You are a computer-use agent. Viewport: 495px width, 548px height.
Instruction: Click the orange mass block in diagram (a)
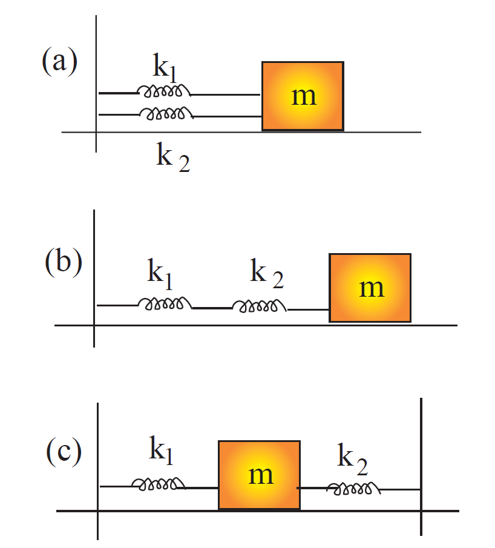pyautogui.click(x=303, y=96)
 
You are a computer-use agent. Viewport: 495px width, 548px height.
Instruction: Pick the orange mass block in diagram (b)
pyautogui.click(x=370, y=287)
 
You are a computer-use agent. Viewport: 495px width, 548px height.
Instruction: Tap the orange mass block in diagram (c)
pyautogui.click(x=259, y=475)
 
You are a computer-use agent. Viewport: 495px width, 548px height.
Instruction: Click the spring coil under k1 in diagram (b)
pyautogui.click(x=165, y=303)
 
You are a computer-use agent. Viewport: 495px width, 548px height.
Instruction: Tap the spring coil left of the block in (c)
pyautogui.click(x=159, y=483)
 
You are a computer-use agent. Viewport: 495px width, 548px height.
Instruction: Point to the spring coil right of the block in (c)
pyautogui.click(x=353, y=487)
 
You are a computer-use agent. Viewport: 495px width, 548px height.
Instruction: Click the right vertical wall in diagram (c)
pyautogui.click(x=421, y=466)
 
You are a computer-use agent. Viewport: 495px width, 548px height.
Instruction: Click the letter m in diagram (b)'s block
pyautogui.click(x=372, y=288)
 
